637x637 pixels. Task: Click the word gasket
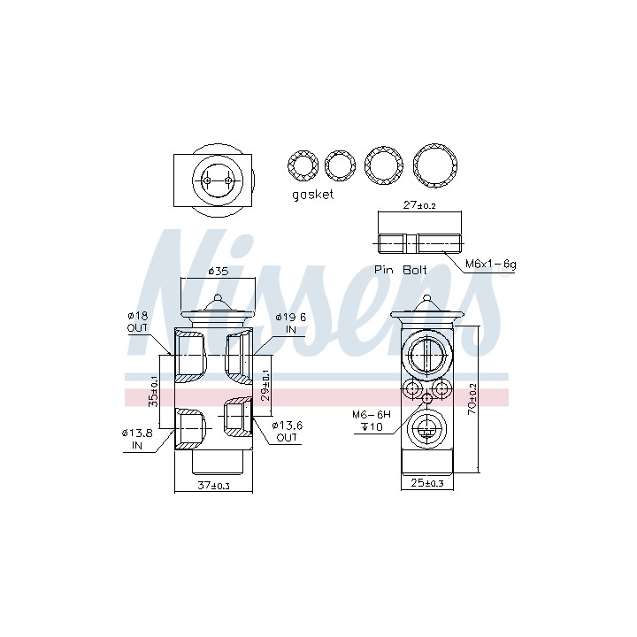click(x=313, y=195)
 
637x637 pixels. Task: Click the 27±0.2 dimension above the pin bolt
click(x=419, y=204)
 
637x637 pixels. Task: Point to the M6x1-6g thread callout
click(x=491, y=265)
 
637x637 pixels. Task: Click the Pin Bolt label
click(x=400, y=270)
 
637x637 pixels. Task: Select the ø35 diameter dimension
click(x=219, y=272)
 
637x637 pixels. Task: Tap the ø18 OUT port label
click(x=138, y=322)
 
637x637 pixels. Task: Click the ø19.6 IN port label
click(x=291, y=324)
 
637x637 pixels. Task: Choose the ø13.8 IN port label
click(x=137, y=439)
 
